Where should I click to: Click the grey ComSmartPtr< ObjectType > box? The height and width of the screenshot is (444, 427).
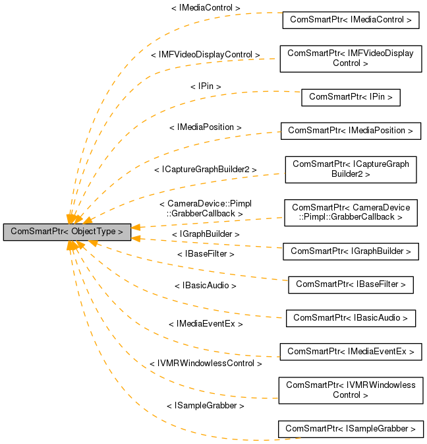tap(67, 232)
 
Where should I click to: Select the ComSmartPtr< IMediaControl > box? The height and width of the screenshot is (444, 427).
tap(351, 20)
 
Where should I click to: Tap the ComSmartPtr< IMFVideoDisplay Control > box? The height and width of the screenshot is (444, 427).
tap(351, 58)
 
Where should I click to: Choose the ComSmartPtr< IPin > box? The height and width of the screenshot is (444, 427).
tap(351, 97)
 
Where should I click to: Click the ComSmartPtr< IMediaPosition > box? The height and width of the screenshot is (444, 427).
tap(351, 131)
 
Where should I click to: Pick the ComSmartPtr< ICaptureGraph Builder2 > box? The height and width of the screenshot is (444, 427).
tap(351, 169)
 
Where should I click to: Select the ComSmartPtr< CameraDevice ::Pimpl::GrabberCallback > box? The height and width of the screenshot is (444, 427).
tap(351, 212)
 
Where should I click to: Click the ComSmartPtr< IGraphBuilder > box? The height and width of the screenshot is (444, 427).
tap(351, 251)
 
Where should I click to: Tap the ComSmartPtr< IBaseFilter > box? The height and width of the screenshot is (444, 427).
tap(351, 284)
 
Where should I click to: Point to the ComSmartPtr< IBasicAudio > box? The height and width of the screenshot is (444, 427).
tap(351, 317)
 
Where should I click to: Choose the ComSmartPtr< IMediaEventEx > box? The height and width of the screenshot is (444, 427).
tap(351, 352)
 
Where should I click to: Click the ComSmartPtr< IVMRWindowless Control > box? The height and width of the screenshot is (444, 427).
tap(351, 390)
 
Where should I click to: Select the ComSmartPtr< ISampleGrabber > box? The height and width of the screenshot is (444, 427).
tap(351, 429)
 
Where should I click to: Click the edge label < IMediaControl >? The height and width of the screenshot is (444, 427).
tap(206, 8)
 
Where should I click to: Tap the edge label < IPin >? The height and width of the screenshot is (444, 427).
tap(206, 86)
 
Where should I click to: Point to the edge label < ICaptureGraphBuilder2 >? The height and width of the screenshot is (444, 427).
tap(206, 170)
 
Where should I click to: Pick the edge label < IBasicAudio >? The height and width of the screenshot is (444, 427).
tap(206, 286)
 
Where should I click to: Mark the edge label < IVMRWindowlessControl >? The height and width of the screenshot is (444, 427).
tap(206, 364)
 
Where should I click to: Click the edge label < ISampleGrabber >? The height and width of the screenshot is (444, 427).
tap(206, 406)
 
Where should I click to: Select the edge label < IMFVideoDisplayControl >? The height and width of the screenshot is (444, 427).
tap(206, 54)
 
